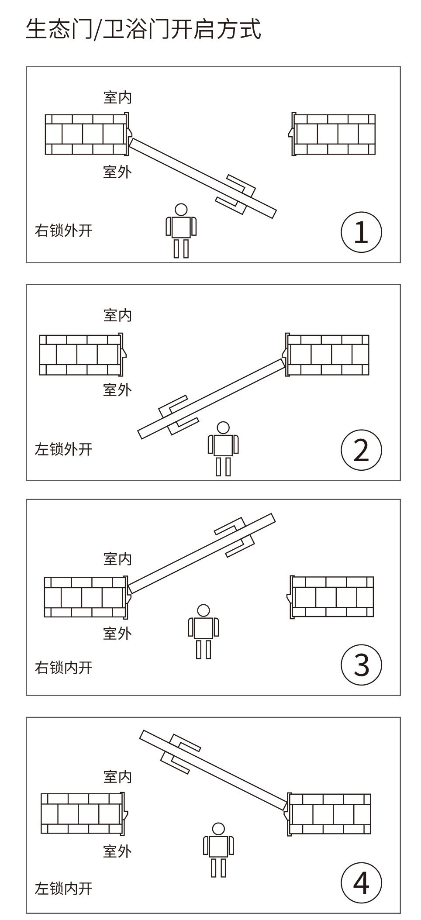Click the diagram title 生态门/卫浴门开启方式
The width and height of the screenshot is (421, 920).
pos(143,29)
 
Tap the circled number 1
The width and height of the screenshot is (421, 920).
pos(361,232)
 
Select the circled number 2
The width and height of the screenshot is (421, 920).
pos(361,450)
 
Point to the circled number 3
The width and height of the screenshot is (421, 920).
pos(361,665)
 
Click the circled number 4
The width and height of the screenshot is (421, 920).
pos(361,883)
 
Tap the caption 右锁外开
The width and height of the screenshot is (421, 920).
pos(64,230)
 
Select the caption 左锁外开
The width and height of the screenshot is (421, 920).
pos(64,449)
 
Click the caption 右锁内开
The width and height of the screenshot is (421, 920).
pos(64,668)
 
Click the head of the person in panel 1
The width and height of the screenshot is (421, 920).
pos(181,210)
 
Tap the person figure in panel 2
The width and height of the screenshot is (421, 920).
pos(223,448)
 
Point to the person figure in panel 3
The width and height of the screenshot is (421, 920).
pos(204,631)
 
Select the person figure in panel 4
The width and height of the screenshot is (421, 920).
pos(218,849)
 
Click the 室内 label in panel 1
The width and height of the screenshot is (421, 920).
pos(117,97)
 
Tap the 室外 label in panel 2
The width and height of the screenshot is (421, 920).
pos(117,389)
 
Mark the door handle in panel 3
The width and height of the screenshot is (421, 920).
pos(235,537)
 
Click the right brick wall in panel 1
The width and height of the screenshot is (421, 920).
pos(334,134)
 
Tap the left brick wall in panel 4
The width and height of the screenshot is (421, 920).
pos(82,813)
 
